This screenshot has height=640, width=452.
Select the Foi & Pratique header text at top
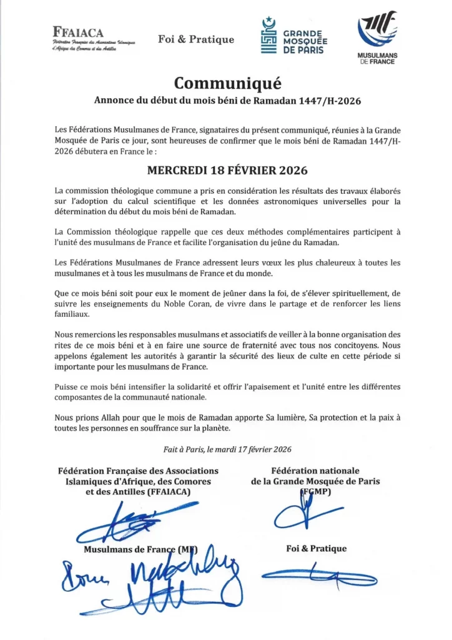coord(196,39)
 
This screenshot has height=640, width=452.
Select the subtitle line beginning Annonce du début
coord(227,101)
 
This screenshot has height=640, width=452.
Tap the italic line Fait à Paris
coord(227,449)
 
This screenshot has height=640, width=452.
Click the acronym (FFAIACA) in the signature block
coord(167,492)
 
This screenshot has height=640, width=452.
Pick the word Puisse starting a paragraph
coord(68,387)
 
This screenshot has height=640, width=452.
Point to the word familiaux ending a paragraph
coord(75,314)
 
